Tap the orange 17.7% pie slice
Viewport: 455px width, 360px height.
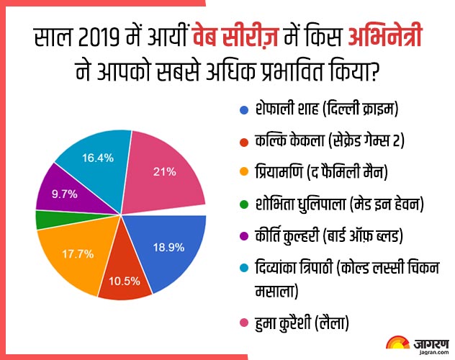pos(70,256)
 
